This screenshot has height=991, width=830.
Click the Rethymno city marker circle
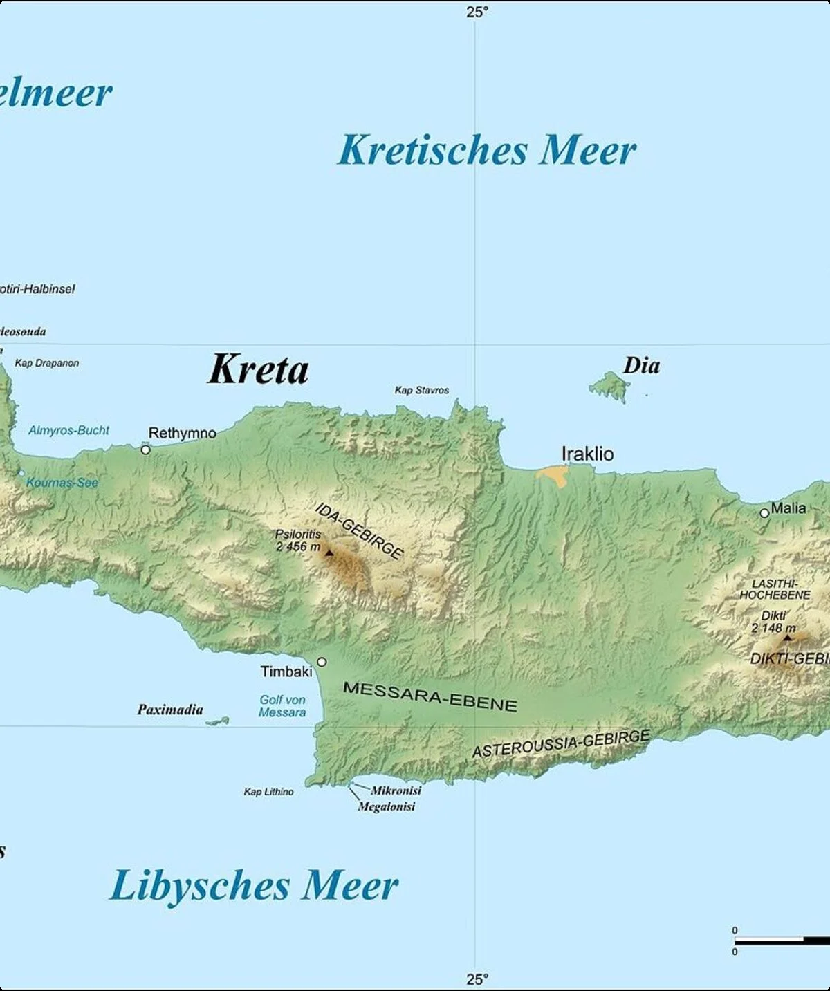coord(145,450)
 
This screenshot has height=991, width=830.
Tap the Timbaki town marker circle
coord(322,662)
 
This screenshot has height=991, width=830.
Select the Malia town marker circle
coord(764,513)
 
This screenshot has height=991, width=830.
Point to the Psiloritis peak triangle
coord(329,553)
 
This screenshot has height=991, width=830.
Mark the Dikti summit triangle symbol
coord(786,637)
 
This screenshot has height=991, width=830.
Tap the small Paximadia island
coord(218,721)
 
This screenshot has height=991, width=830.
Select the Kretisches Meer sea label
coord(486,150)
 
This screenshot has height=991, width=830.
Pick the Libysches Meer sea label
coord(254,886)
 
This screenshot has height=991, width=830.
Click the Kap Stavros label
coord(421,390)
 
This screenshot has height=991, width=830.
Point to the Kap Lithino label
coord(268,792)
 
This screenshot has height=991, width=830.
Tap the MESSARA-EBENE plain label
coord(430,696)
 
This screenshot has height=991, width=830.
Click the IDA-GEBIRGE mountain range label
coord(359,531)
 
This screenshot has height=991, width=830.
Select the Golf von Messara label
coord(282,706)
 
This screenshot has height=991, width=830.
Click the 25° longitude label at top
coord(477,12)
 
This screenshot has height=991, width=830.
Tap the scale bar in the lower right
coord(782,941)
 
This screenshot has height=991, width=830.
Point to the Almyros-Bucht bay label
coord(68,430)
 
